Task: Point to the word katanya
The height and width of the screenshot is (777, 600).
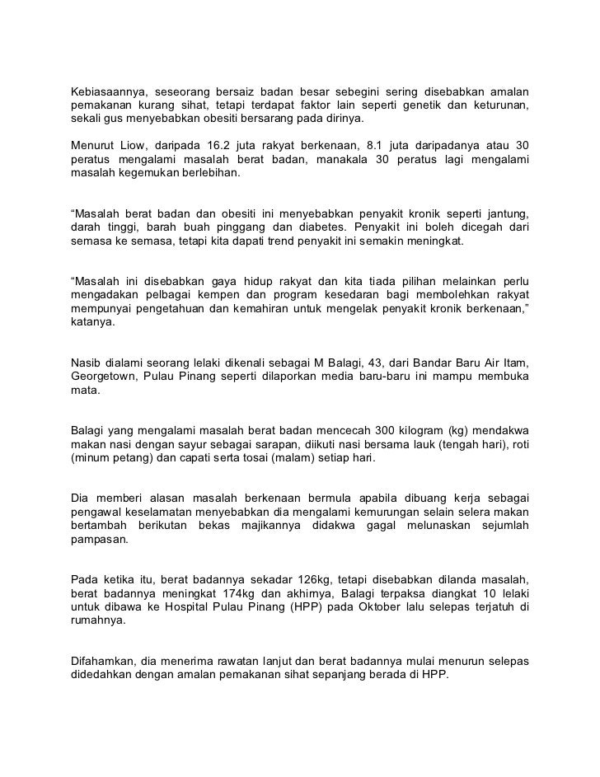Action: (93, 324)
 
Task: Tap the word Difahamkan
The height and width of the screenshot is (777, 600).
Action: (103, 660)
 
